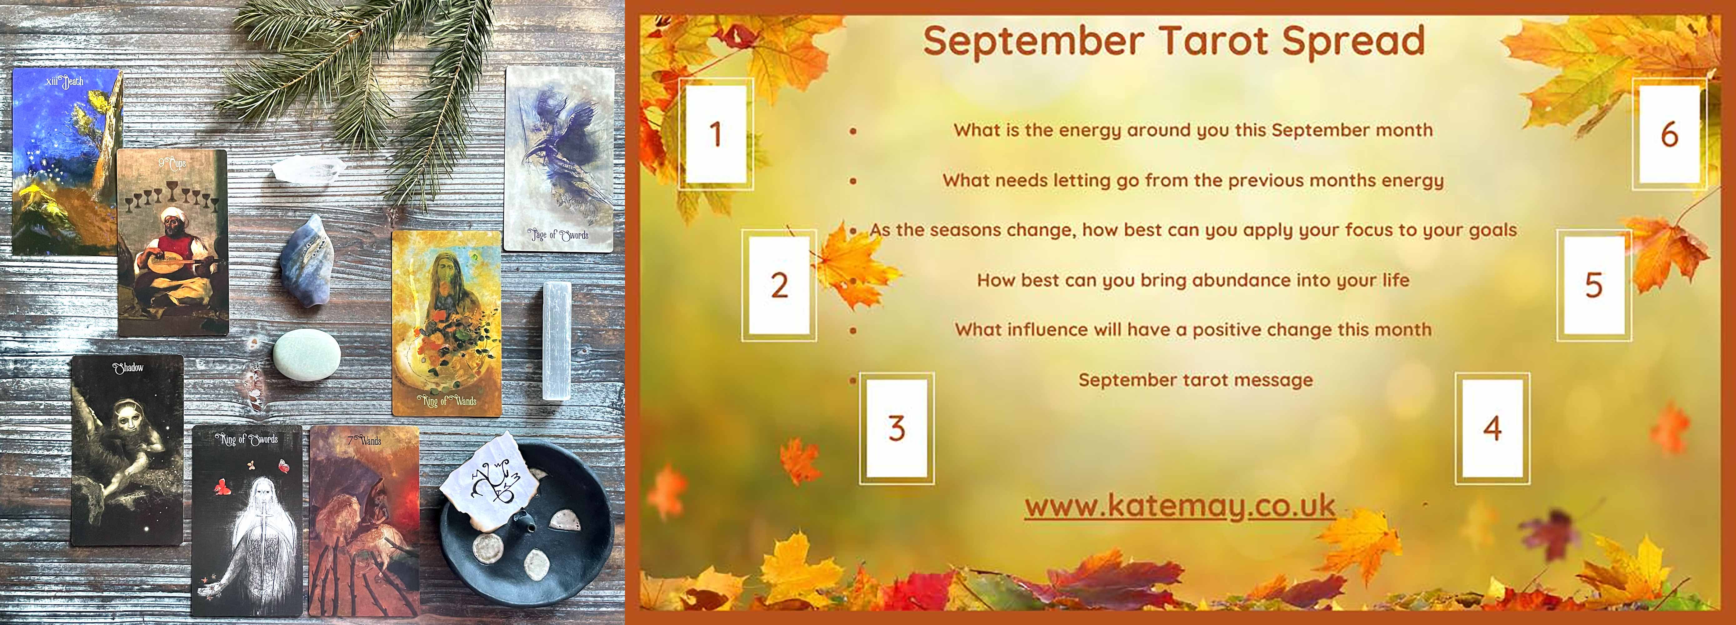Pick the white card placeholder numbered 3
click(896, 428)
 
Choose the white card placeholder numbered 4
click(1492, 428)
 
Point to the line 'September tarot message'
click(1195, 380)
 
